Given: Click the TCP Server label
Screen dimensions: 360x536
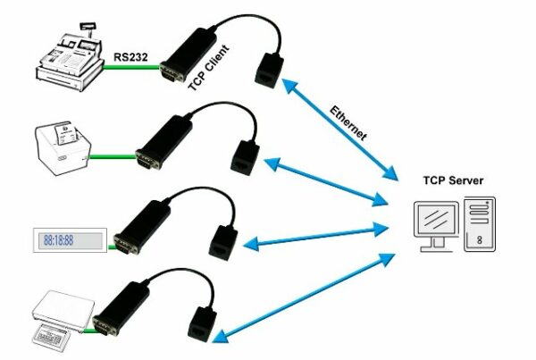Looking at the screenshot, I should pos(452,180).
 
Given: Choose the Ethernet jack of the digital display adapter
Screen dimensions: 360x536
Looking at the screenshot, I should pos(222,238).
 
